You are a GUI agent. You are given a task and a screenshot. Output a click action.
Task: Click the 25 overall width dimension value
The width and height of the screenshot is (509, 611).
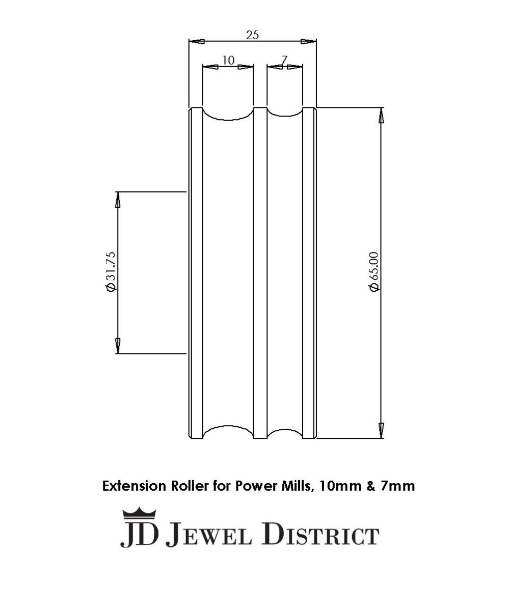pyautogui.click(x=252, y=35)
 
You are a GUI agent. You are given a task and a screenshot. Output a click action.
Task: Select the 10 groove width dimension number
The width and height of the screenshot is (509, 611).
pyautogui.click(x=228, y=60)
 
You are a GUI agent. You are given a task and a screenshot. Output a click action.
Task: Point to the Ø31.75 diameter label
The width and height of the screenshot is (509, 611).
pyautogui.click(x=111, y=271)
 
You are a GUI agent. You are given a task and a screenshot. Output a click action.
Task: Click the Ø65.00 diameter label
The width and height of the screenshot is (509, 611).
pyautogui.click(x=374, y=271)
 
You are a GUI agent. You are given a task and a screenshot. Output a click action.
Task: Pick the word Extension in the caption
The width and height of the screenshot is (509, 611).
pyautogui.click(x=134, y=486)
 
